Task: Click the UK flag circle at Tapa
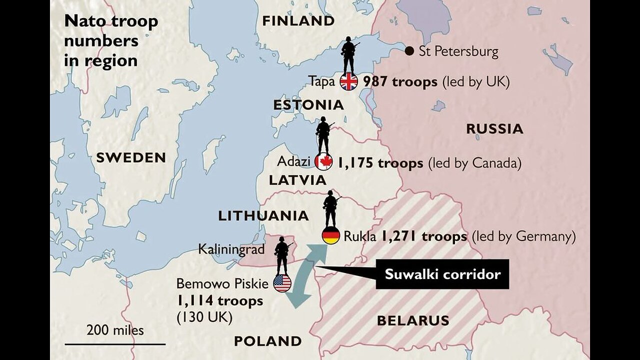tap(348, 81)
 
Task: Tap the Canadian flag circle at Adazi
tap(323, 162)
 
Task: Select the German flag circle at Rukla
tap(331, 235)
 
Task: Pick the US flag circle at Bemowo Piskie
tap(282, 283)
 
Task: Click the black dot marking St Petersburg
tap(409, 50)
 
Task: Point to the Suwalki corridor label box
tap(442, 274)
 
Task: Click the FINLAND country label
tap(298, 21)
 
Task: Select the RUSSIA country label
tap(494, 128)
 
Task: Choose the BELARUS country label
tap(413, 320)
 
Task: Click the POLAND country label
tap(268, 341)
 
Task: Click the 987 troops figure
tap(400, 82)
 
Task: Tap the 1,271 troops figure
tap(424, 236)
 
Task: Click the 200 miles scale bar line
tap(115, 344)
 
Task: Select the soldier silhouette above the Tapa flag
tap(348, 54)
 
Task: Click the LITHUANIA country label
tap(263, 215)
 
